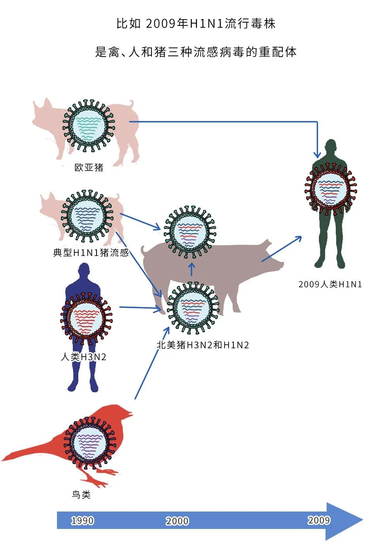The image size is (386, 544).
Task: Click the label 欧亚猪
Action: (89, 168)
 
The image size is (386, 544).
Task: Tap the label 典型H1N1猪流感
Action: (91, 252)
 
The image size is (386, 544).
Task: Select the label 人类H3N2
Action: (83, 357)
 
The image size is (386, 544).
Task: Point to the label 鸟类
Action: (81, 494)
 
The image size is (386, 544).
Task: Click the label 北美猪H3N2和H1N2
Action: (203, 345)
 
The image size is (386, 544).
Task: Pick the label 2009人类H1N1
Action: (330, 284)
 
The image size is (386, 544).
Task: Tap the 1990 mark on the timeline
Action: (82, 521)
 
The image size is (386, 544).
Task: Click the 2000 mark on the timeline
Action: (177, 521)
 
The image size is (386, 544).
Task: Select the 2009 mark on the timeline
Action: (319, 520)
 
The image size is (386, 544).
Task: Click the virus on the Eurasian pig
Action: (89, 126)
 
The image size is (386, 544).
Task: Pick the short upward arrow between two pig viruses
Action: (192, 269)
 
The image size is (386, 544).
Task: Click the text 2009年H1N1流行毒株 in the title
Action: (210, 24)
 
